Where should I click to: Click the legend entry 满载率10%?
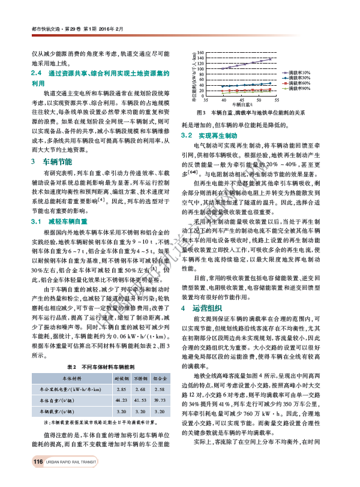click(x=299, y=72)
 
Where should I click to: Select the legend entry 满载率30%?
click(x=299, y=77)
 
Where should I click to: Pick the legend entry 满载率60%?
click(x=299, y=83)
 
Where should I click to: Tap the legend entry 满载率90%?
click(x=299, y=88)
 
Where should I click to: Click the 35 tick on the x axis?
click(x=207, y=100)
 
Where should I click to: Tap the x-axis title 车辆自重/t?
click(x=242, y=106)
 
